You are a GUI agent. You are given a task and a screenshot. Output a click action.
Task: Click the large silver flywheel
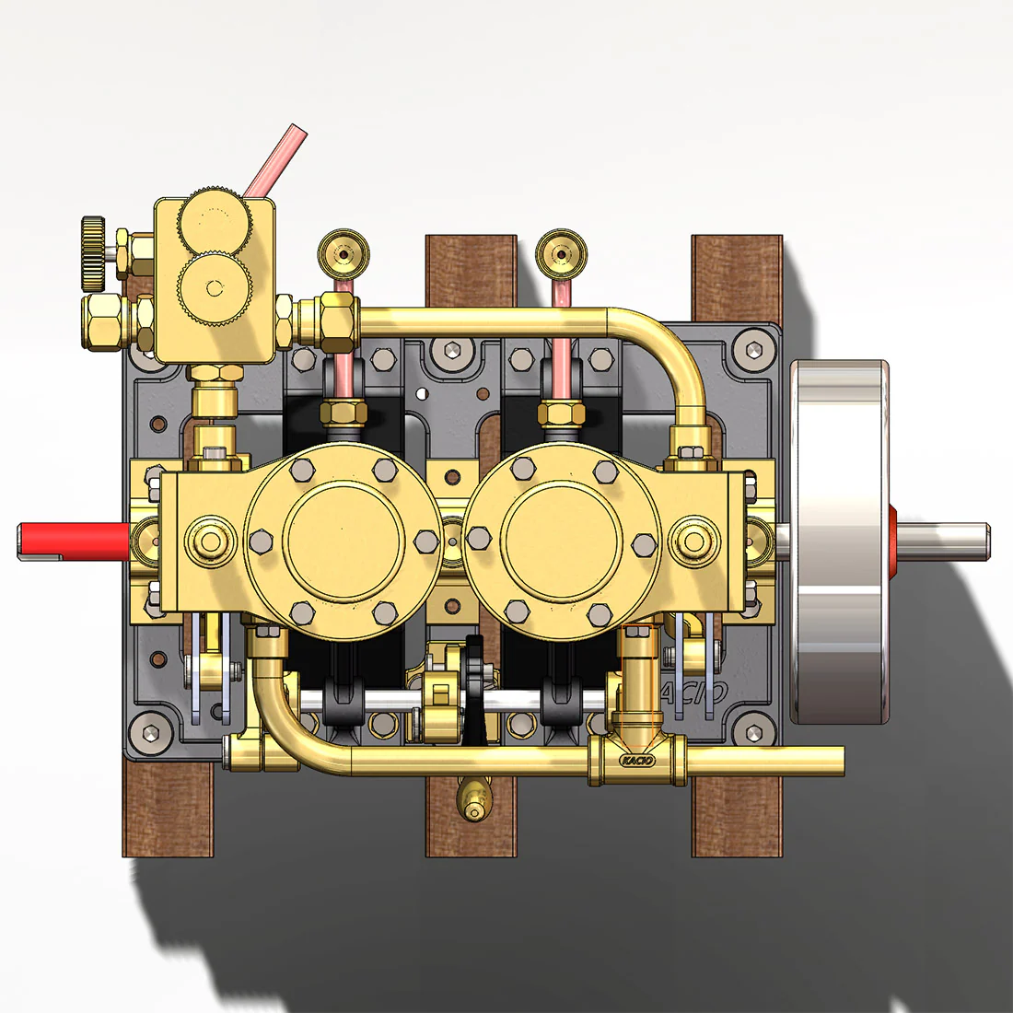(x=838, y=541)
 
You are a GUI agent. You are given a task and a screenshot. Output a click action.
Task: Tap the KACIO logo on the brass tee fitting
(x=636, y=761)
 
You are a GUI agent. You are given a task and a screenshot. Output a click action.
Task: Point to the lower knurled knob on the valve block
(x=215, y=287)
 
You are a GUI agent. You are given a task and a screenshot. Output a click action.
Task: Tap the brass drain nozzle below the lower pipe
(x=474, y=798)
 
